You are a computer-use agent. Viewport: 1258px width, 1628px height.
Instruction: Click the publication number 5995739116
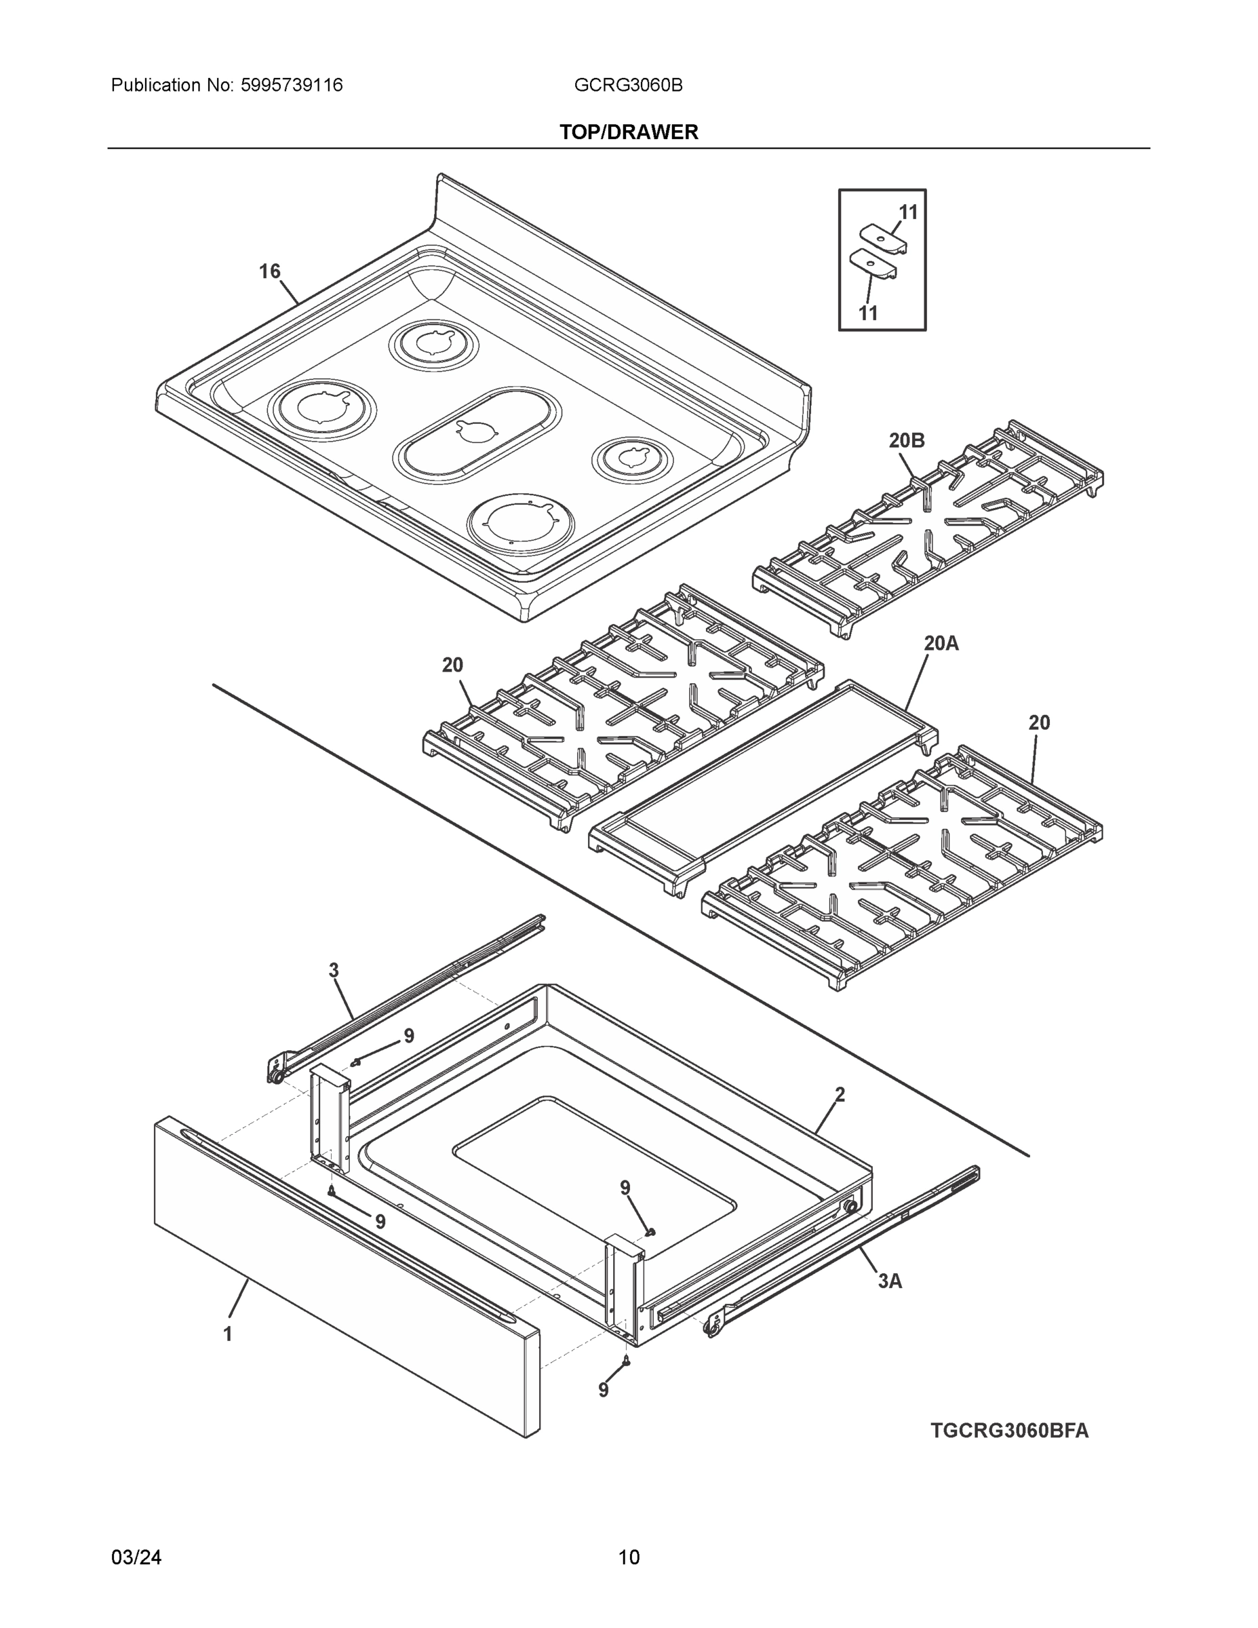[x=292, y=85]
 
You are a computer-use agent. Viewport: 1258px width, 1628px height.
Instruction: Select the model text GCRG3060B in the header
[x=627, y=85]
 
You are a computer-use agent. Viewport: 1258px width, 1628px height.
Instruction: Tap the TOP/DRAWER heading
[x=628, y=132]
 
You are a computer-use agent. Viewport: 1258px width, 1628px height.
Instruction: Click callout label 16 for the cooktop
[x=269, y=271]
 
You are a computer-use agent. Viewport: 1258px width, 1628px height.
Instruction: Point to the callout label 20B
[x=906, y=440]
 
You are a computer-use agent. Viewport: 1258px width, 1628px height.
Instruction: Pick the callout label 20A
[x=941, y=642]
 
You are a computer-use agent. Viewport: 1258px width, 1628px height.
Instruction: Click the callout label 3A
[x=889, y=1281]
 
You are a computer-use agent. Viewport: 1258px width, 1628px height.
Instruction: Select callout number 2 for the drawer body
[x=840, y=1094]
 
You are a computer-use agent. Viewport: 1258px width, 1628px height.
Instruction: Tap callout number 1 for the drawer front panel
[x=228, y=1334]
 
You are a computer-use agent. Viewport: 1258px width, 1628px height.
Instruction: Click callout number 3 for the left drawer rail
[x=333, y=971]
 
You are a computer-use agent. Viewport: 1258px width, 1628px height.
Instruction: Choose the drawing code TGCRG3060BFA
[x=1009, y=1431]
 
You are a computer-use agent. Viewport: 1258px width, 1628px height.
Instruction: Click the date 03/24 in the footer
[x=136, y=1557]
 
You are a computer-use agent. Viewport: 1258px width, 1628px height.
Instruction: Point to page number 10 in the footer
[x=628, y=1557]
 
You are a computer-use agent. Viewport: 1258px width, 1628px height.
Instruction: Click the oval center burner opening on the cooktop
[x=477, y=434]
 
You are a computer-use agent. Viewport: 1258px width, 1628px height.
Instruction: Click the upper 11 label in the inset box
[x=908, y=212]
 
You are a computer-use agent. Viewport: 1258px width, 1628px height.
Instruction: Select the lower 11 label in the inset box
[x=868, y=313]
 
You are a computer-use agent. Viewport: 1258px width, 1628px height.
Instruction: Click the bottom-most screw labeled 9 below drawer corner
[x=626, y=1361]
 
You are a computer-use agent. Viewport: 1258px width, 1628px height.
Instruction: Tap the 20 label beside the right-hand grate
[x=1039, y=722]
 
